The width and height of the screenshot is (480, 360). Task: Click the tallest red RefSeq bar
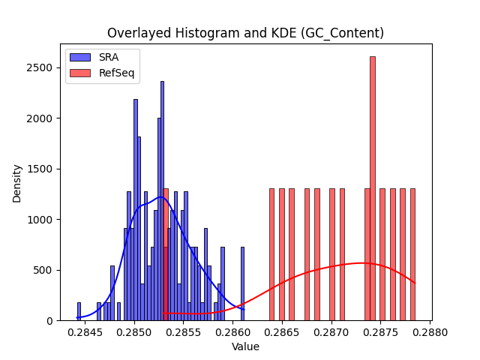point(373,188)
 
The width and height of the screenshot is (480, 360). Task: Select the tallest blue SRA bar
point(162,201)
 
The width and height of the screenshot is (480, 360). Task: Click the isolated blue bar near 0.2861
point(242,283)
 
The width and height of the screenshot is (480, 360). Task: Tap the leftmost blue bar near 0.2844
point(79,312)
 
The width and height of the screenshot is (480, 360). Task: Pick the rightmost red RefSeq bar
point(412,255)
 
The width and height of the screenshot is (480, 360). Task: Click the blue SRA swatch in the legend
point(80,57)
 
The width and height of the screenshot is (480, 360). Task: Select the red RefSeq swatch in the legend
point(80,73)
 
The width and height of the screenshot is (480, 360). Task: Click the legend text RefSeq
point(117,73)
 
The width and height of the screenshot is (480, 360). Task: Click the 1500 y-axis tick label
point(40,169)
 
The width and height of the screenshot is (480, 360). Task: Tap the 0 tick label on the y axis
point(50,321)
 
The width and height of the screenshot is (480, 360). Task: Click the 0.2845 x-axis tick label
point(85,332)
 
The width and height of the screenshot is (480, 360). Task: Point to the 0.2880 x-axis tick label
point(430,332)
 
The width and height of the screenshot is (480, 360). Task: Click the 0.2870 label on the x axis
point(331,332)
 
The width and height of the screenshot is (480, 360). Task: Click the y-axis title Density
point(16,184)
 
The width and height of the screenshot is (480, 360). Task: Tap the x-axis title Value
point(245,346)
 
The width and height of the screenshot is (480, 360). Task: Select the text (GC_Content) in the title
point(342,33)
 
